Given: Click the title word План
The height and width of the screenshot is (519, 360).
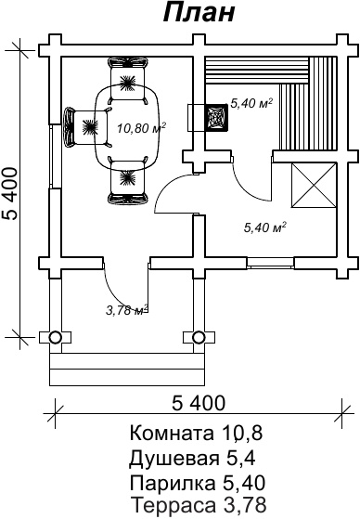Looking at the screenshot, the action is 199,13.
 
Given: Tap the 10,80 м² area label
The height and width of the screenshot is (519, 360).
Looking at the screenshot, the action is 141,127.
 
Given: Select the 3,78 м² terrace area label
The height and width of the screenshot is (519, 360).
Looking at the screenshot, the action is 126,310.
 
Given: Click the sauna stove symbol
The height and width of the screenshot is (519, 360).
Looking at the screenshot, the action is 217,118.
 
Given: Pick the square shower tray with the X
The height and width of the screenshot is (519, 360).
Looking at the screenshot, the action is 314,186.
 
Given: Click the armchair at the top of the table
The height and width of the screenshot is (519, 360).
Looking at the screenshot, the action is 128,80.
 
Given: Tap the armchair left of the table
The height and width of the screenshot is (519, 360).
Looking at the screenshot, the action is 87,126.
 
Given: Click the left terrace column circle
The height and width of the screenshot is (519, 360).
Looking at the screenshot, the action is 55,337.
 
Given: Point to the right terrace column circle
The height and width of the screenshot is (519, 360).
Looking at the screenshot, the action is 199,337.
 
